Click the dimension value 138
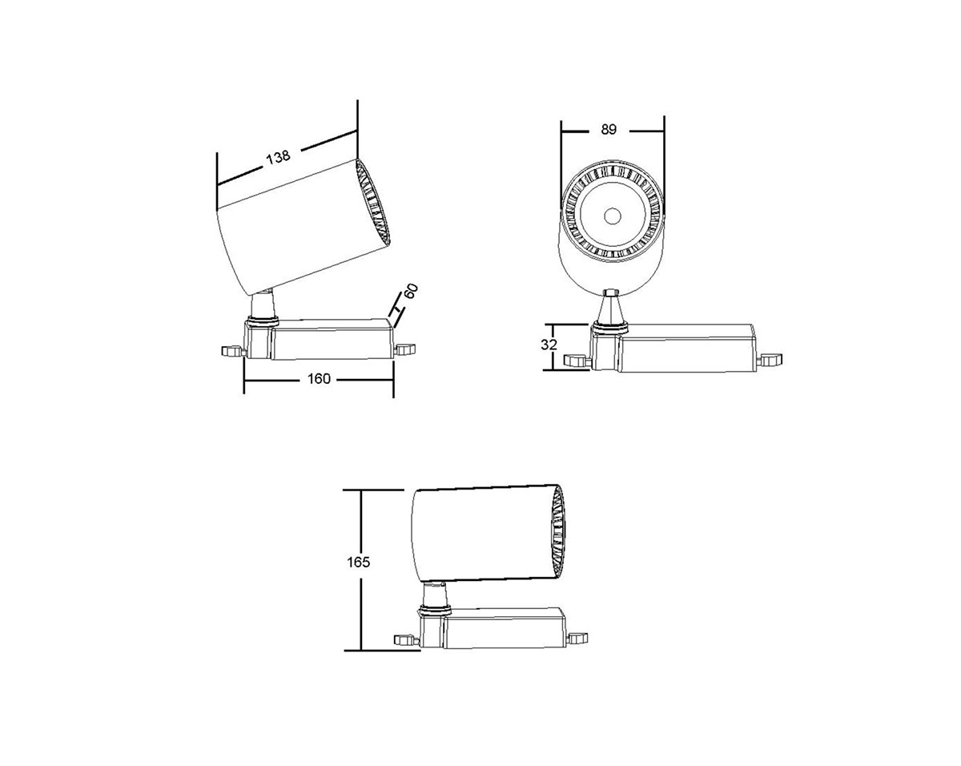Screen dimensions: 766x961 click(x=278, y=157)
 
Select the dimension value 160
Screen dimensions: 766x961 click(x=319, y=379)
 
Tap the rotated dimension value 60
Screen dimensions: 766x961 click(x=411, y=291)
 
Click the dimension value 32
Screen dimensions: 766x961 click(x=549, y=345)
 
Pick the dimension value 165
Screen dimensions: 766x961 click(x=358, y=562)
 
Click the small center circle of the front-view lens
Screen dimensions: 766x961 click(x=612, y=216)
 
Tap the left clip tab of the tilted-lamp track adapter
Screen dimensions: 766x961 click(x=232, y=351)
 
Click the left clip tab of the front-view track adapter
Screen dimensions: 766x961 click(x=576, y=361)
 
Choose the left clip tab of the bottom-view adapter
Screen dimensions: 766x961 click(x=407, y=639)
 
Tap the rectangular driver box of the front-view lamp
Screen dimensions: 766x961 click(x=687, y=349)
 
